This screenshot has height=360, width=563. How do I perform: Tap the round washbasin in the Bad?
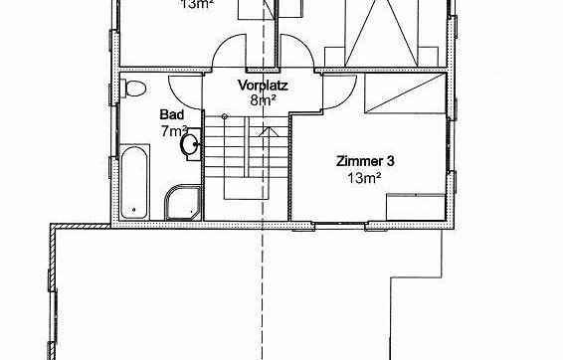189,145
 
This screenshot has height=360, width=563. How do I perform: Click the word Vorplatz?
263,86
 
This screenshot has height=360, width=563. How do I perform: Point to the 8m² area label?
262,100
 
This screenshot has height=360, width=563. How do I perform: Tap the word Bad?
171,115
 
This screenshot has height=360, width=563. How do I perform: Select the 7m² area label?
175,130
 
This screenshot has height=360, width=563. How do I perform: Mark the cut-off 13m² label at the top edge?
196,4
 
